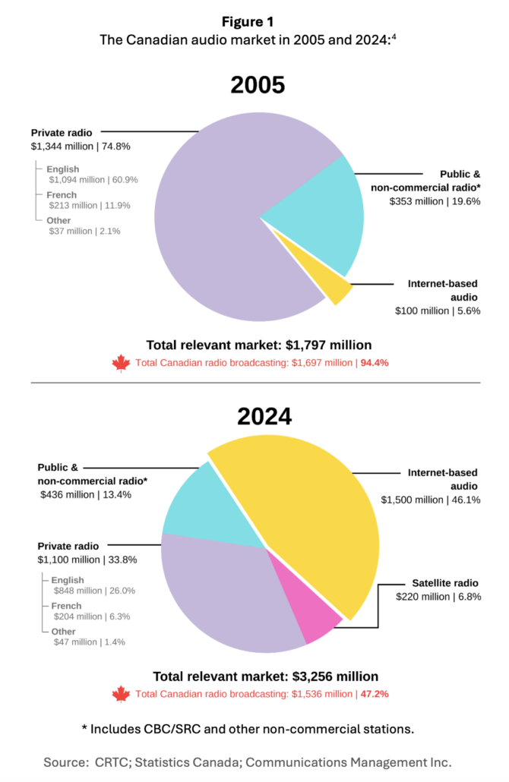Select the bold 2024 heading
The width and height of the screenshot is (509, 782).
click(x=258, y=416)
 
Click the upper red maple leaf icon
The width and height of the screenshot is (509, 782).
click(x=121, y=364)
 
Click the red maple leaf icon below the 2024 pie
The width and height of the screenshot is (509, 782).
click(x=121, y=694)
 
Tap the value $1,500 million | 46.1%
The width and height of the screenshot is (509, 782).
click(x=430, y=499)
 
